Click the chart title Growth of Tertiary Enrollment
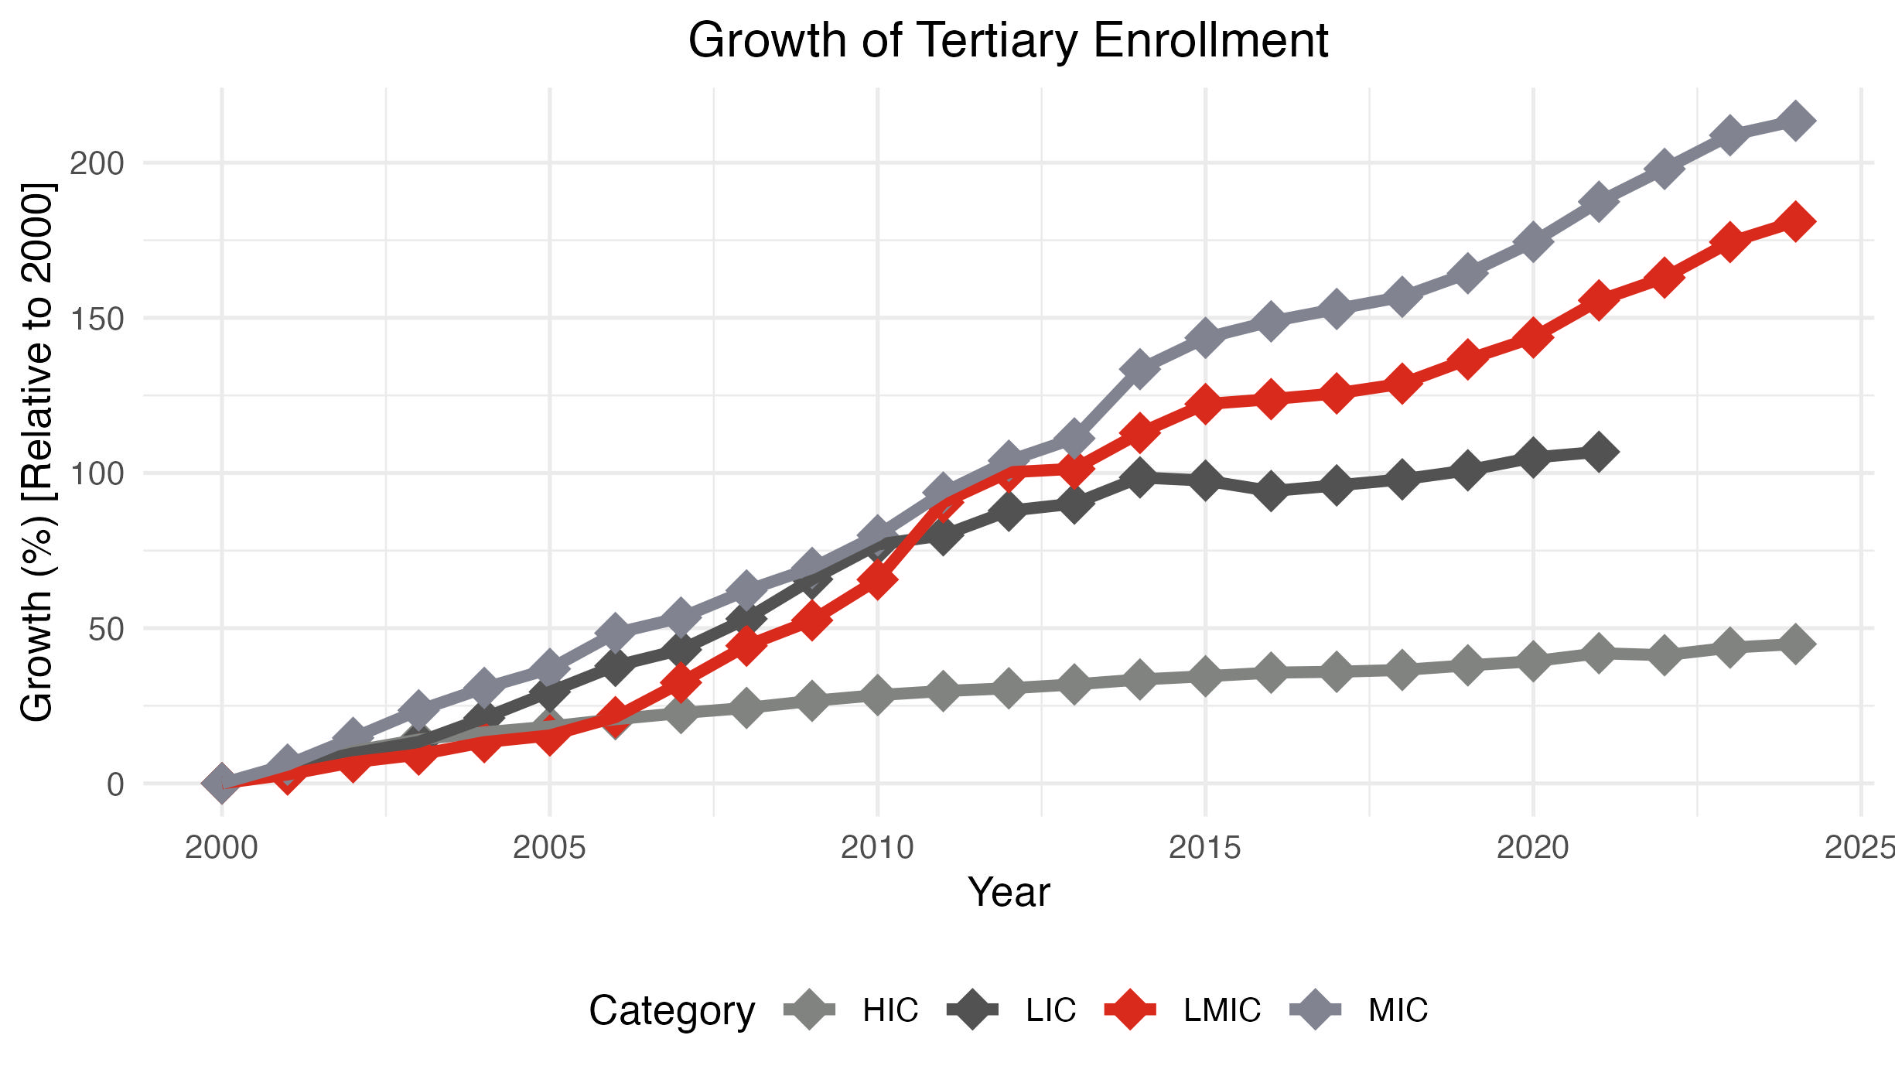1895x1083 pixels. pos(1008,40)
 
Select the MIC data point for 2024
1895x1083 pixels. pos(1795,121)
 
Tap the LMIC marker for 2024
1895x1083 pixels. pos(1795,222)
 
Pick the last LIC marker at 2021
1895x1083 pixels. pos(1599,452)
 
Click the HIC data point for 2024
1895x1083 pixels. pos(1795,644)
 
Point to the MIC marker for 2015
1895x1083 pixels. pos(1205,337)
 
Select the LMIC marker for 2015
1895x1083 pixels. pos(1205,403)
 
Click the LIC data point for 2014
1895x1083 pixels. pos(1139,477)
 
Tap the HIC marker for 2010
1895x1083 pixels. pos(877,694)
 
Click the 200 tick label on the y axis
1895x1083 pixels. pos(97,163)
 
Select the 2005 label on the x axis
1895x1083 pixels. pos(549,848)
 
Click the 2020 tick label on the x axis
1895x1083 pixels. pos(1532,848)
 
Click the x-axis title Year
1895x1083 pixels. pos(1009,893)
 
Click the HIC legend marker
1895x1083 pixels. pos(809,1010)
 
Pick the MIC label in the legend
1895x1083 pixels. pos(1398,1010)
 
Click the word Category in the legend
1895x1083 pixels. pos(671,1010)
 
